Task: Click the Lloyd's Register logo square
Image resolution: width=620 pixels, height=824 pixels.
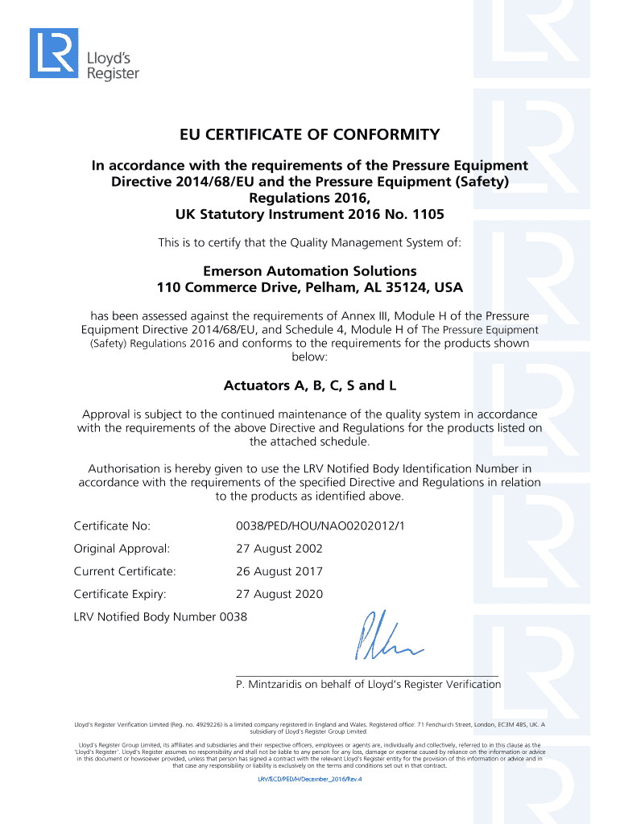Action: pos(53,53)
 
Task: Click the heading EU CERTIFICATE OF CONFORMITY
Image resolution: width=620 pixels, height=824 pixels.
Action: pos(309,134)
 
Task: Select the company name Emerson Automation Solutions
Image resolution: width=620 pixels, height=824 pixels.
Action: pos(309,270)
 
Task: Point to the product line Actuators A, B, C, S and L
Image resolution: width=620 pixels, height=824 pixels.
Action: pos(309,385)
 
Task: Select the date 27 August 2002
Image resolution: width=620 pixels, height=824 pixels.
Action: pos(279,549)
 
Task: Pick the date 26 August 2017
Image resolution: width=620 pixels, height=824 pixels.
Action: pos(279,571)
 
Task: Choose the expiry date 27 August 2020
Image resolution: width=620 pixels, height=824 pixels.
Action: pos(279,594)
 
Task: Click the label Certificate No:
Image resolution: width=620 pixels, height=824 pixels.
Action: pos(112,526)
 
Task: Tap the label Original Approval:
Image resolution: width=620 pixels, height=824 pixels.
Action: pos(122,549)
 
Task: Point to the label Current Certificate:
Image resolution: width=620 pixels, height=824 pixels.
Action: pos(125,571)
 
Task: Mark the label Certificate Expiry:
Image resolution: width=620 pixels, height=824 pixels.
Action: pos(120,594)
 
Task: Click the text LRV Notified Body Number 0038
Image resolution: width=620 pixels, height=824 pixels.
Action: pos(160,616)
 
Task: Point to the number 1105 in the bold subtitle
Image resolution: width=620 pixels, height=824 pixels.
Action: pos(426,215)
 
